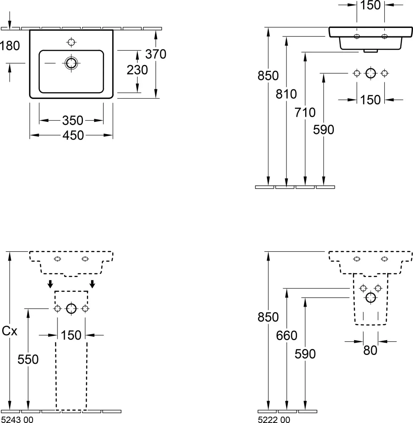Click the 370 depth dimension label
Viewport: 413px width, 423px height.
(156, 54)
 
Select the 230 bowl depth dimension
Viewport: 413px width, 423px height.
(137, 70)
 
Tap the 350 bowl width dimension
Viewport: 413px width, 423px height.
(73, 120)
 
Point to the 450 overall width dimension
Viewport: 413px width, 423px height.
(73, 135)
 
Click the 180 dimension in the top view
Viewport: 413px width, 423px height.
(10, 46)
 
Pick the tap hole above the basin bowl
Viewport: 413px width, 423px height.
(71, 42)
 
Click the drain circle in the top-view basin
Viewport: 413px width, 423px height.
(71, 63)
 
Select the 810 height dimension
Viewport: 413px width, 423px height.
(286, 94)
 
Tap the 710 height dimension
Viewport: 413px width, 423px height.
(305, 113)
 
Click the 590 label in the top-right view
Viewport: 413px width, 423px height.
(324, 130)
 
